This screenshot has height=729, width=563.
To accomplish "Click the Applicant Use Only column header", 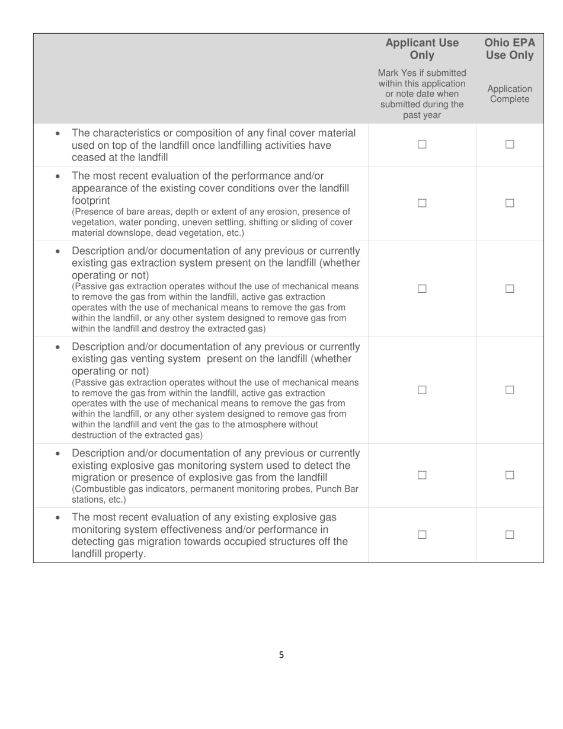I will tap(422, 49).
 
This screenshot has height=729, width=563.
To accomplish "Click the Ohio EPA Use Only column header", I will tap(510, 49).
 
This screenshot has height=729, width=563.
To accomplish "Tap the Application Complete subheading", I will tap(510, 94).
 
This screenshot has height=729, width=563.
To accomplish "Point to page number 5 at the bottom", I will tap(281, 655).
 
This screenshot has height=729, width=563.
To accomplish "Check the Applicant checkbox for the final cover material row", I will tap(422, 145).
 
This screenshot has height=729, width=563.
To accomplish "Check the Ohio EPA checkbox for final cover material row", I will tap(510, 145).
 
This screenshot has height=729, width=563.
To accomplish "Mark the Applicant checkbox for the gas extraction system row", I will tap(422, 289).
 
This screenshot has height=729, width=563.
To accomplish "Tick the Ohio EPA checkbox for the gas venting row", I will tap(510, 390).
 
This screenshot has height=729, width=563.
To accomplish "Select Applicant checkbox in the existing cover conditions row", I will tap(422, 203).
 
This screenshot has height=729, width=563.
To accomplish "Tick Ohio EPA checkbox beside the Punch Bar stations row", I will tap(510, 475).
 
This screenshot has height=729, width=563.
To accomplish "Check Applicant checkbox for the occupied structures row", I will tap(422, 535).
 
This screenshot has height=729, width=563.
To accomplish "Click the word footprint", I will tap(91, 200).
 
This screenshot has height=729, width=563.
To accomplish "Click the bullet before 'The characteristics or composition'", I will tap(57, 134).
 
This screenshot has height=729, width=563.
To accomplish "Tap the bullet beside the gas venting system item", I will tap(57, 347).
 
